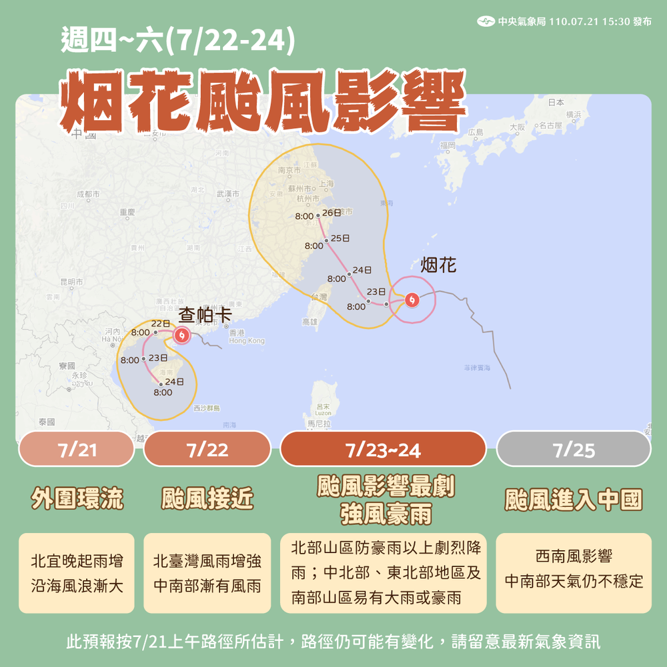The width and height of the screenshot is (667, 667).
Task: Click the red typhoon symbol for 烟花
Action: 412,301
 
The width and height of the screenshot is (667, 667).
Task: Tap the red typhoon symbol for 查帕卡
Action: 181,336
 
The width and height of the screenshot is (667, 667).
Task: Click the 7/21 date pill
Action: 77,450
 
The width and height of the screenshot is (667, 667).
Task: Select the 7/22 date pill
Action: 207,450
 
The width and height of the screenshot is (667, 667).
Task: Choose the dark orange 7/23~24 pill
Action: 383,450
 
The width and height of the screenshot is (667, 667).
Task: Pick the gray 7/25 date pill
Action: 574,450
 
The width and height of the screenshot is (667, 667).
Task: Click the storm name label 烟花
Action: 439,265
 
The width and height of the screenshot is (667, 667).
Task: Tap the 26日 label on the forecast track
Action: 331,213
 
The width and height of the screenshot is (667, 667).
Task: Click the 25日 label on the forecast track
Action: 340,238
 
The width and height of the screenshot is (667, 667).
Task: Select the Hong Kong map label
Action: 246,341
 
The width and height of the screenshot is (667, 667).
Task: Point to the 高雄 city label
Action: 310,321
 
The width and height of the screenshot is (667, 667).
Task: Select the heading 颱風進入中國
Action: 574,500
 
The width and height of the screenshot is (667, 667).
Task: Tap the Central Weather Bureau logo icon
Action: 486,21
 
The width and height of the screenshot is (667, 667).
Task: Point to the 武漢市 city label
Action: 228,194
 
